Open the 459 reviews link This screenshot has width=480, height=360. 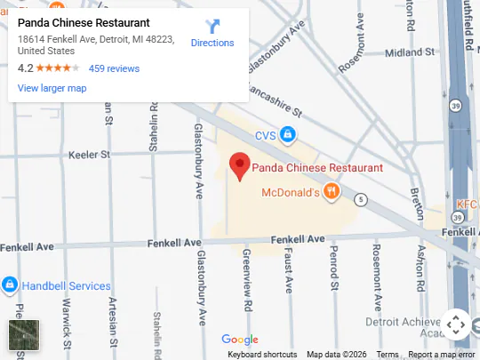(114, 68)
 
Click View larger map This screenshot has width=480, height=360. (52, 88)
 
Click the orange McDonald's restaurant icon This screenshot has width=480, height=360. (331, 191)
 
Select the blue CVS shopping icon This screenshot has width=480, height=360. (287, 135)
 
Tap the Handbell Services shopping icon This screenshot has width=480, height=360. (9, 285)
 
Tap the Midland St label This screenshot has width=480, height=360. (409, 52)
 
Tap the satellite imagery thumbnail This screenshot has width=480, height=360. (24, 334)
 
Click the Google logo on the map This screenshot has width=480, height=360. (240, 340)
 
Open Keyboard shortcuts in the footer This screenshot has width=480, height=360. (262, 355)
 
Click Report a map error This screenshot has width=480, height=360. (442, 355)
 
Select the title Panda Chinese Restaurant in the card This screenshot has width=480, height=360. (84, 22)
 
